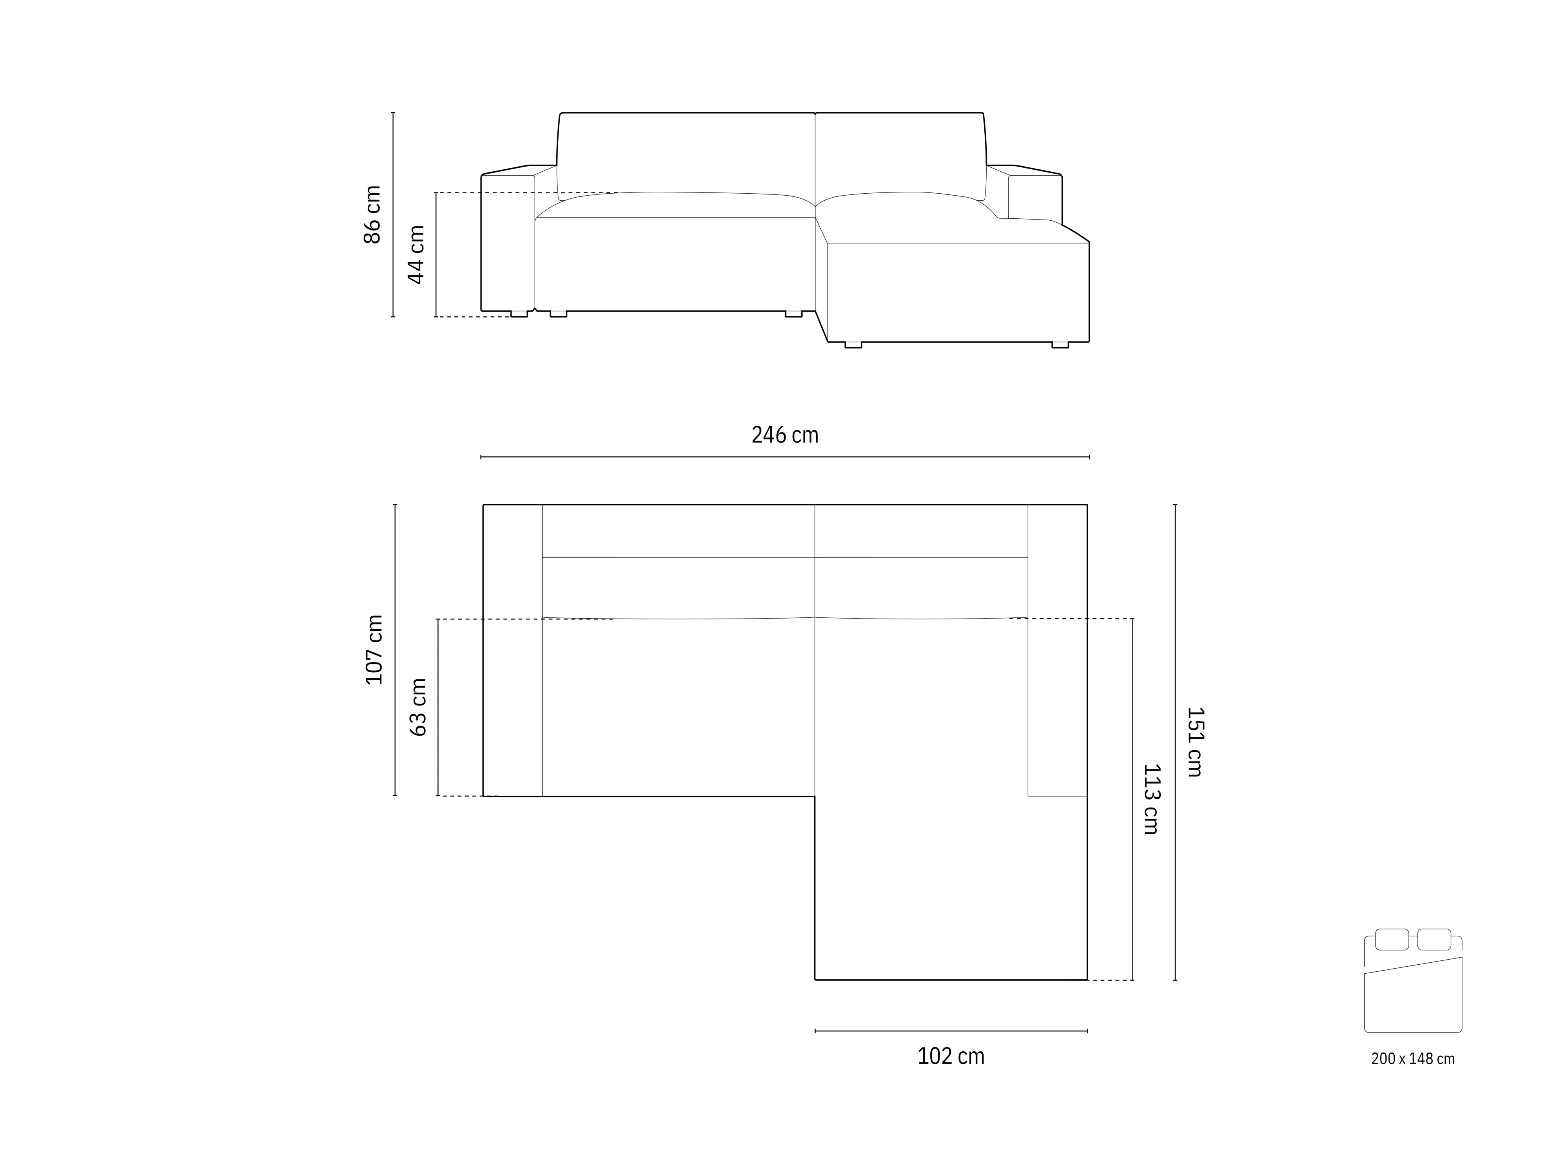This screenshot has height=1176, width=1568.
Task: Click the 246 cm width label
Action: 785,434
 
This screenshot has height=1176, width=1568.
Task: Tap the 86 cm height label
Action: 373,215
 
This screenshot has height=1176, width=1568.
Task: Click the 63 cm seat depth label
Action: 418,707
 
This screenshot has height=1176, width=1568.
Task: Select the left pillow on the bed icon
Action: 1392,939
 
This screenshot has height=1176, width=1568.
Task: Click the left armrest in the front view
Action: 508,241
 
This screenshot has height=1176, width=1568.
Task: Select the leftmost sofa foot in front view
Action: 519,314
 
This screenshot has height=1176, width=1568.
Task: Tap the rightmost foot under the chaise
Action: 1060,345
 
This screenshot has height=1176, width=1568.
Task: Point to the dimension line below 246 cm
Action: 785,457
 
